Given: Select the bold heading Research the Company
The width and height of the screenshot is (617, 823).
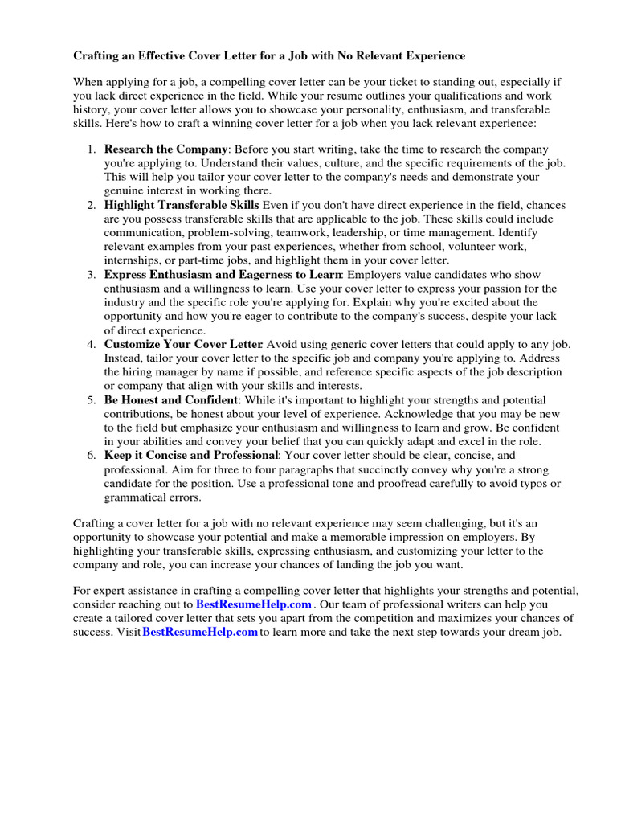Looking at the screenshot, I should click(166, 149).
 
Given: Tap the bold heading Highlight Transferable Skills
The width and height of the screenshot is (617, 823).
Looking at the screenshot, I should click(182, 206).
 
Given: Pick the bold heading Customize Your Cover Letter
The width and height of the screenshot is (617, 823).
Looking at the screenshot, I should click(183, 344).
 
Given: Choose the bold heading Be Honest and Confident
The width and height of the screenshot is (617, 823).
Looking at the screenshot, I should click(171, 399).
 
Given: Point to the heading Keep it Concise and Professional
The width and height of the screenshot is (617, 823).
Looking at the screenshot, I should click(191, 455).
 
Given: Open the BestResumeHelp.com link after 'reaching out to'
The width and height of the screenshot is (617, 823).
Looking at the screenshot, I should click(253, 604).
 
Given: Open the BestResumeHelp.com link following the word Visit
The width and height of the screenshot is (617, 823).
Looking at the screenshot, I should click(200, 632).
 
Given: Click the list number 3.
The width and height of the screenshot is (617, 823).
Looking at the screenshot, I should click(92, 275).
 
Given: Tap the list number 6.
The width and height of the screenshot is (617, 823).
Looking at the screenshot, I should click(92, 455).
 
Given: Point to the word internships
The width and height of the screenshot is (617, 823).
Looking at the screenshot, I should click(133, 260).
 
